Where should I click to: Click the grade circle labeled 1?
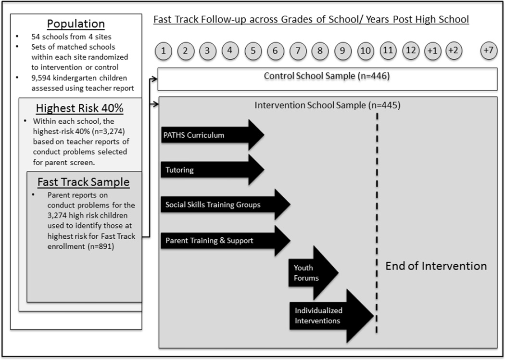tap(164, 51)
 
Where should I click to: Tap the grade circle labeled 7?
tap(298, 51)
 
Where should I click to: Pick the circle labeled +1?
tap(432, 51)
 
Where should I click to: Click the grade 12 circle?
tap(410, 51)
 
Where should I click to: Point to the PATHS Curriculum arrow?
tap(212, 135)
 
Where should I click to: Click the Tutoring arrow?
tap(212, 170)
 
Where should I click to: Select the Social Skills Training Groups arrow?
tap(225, 205)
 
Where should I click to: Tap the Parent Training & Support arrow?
tap(225, 240)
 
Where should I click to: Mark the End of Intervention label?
tap(436, 266)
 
